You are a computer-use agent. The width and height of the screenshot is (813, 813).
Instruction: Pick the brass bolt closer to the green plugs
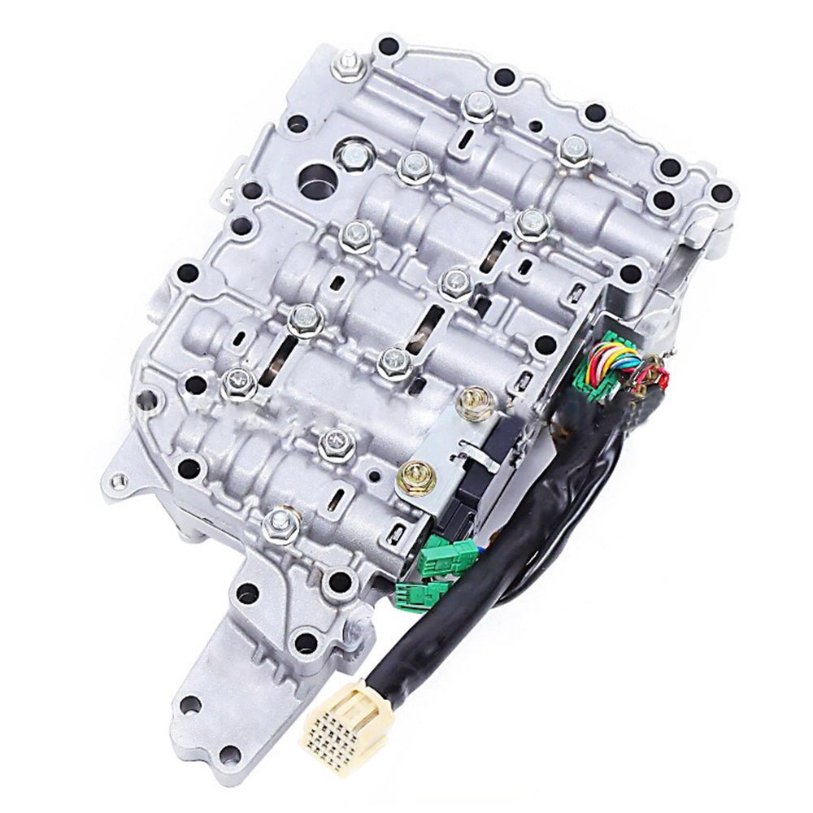(415, 476)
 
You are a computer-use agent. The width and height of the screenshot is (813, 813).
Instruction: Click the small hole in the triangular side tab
(121, 480)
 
